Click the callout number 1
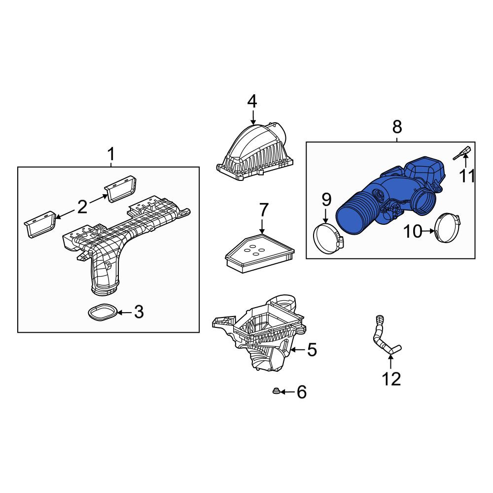pyautogui.click(x=111, y=154)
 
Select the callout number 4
pyautogui.click(x=252, y=102)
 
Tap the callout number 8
pyautogui.click(x=397, y=127)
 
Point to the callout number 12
pyautogui.click(x=391, y=379)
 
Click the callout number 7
pyautogui.click(x=263, y=210)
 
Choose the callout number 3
pyautogui.click(x=139, y=312)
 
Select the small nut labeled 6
pyautogui.click(x=276, y=391)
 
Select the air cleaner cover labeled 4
pyautogui.click(x=255, y=154)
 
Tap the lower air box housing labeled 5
pyautogui.click(x=261, y=333)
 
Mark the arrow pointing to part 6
pyautogui.click(x=288, y=392)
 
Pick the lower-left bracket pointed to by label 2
pyautogui.click(x=40, y=224)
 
